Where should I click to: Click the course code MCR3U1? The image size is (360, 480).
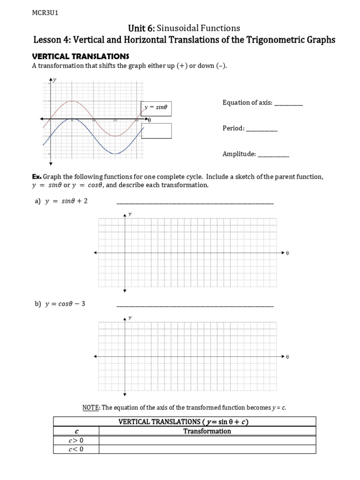(x=45, y=13)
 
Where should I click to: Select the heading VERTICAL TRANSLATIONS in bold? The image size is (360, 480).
(x=80, y=56)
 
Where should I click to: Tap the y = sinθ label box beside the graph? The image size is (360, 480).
(x=156, y=107)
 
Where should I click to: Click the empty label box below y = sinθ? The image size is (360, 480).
(x=156, y=131)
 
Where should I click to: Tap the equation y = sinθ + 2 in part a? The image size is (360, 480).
(x=66, y=201)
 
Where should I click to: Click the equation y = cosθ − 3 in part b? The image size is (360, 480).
(x=65, y=304)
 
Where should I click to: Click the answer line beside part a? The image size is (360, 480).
(x=195, y=203)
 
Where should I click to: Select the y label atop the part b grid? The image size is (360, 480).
(x=130, y=317)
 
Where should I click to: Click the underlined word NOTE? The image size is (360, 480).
(x=90, y=408)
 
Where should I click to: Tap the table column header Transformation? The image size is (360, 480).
(x=207, y=431)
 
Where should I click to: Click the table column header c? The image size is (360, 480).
(x=75, y=431)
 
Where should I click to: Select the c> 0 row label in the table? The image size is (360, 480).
(x=75, y=441)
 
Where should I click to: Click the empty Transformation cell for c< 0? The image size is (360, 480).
(x=207, y=450)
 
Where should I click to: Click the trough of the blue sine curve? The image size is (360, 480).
(x=115, y=153)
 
